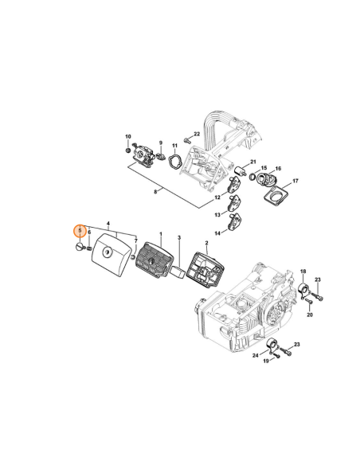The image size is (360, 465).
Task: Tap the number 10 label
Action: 127,137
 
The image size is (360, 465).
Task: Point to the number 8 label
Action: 157,191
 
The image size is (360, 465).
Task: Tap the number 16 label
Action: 278,169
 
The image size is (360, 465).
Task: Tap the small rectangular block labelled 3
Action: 179,270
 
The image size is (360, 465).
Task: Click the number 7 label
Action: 136,240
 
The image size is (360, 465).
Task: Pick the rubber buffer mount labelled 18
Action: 303,290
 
